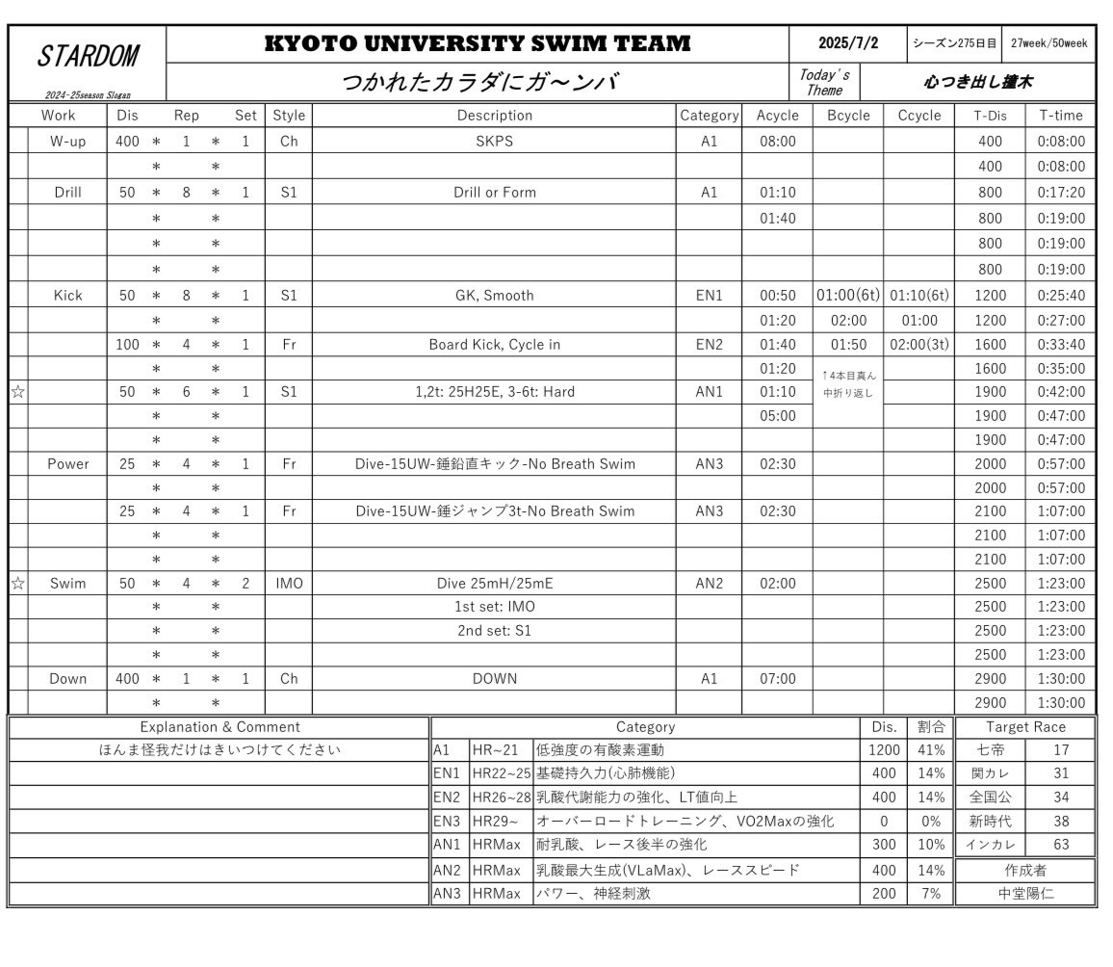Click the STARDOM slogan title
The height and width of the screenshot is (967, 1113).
[88, 57]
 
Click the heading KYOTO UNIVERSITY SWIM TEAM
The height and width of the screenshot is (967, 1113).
[478, 43]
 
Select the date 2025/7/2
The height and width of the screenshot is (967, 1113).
[848, 43]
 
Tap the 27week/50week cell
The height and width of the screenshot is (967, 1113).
[1048, 43]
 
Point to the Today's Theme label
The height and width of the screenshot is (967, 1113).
[824, 83]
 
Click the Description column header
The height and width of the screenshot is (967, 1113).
[494, 116]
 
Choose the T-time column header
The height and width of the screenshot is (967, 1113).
[1061, 116]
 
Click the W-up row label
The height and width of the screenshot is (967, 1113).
[67, 142]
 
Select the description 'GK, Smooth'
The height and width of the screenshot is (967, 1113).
[494, 296]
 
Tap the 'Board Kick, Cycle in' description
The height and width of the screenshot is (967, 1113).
[494, 345]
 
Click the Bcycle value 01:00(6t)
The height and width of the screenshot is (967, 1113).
[847, 296]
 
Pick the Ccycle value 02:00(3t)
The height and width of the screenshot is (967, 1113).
[919, 345]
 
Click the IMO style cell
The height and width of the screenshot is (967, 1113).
[289, 584]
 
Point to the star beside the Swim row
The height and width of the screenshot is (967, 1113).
[17, 584]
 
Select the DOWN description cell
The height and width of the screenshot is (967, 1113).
[494, 679]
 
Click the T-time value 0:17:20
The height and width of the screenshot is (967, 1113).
[1061, 193]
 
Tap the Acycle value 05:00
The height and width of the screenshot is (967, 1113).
[777, 416]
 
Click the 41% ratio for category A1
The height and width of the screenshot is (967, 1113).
[930, 750]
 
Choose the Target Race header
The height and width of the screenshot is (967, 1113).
[1025, 727]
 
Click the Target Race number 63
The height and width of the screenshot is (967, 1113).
[1061, 846]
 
